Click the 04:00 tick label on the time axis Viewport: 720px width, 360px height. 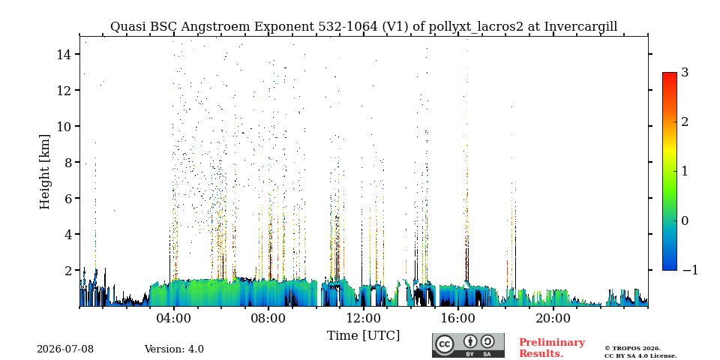[173, 319]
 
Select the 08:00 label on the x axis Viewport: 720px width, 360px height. [268, 319]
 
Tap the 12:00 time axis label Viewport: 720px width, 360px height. [363, 319]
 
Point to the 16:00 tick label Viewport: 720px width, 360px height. [457, 319]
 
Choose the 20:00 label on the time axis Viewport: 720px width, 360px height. [552, 319]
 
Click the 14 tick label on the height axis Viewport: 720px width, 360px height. [63, 54]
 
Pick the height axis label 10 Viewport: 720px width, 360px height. [63, 126]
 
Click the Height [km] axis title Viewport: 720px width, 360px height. [44, 172]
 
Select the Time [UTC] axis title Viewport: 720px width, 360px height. [363, 336]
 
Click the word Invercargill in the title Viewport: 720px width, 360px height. [580, 27]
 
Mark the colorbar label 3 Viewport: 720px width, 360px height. [685, 73]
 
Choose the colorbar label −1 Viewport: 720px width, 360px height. [690, 270]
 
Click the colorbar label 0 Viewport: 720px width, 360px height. [685, 220]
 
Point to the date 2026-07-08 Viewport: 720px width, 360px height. [65, 349]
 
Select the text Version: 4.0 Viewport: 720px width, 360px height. [174, 349]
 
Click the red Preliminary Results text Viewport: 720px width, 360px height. [552, 348]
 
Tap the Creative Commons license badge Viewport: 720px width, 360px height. [468, 345]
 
